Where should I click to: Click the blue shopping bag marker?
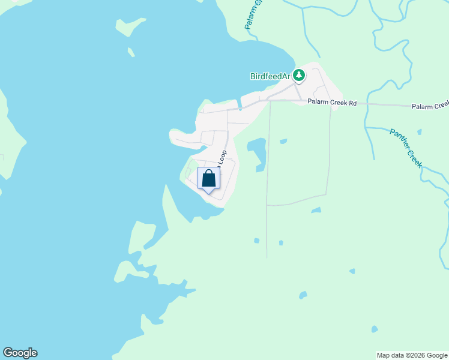(208, 179)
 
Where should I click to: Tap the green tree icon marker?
(299, 75)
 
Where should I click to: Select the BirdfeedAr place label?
(270, 76)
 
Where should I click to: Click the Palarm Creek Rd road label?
(332, 103)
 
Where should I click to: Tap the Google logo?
(20, 353)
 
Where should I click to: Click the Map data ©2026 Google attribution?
(412, 355)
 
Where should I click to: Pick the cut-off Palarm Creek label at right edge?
(430, 106)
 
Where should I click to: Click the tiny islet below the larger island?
(131, 52)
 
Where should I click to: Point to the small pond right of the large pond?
(283, 142)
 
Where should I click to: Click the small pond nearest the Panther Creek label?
(418, 131)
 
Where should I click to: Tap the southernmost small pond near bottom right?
(375, 329)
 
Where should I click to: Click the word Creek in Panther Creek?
(414, 157)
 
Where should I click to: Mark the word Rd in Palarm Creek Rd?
(352, 103)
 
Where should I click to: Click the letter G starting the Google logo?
(7, 353)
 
